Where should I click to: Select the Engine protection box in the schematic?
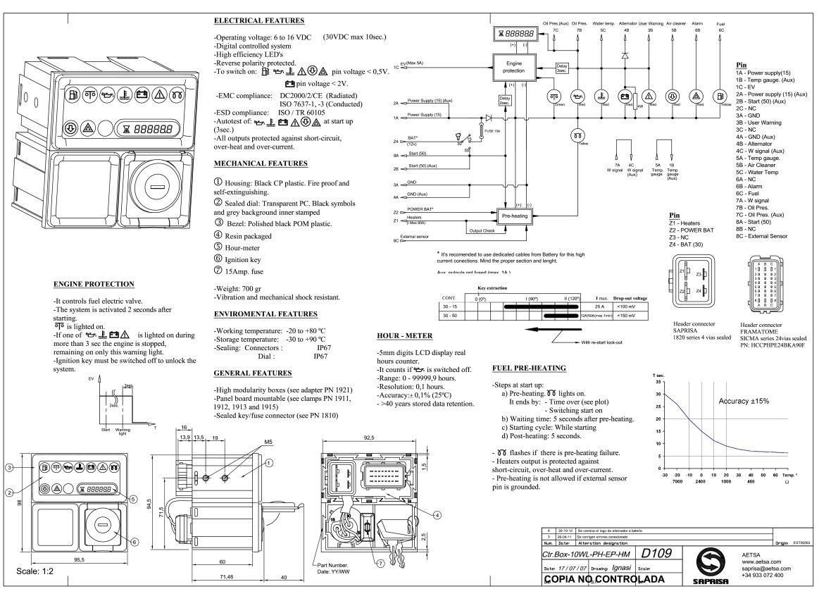[515, 67]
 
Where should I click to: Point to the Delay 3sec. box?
[543, 68]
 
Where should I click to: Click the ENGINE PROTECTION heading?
[94, 284]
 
